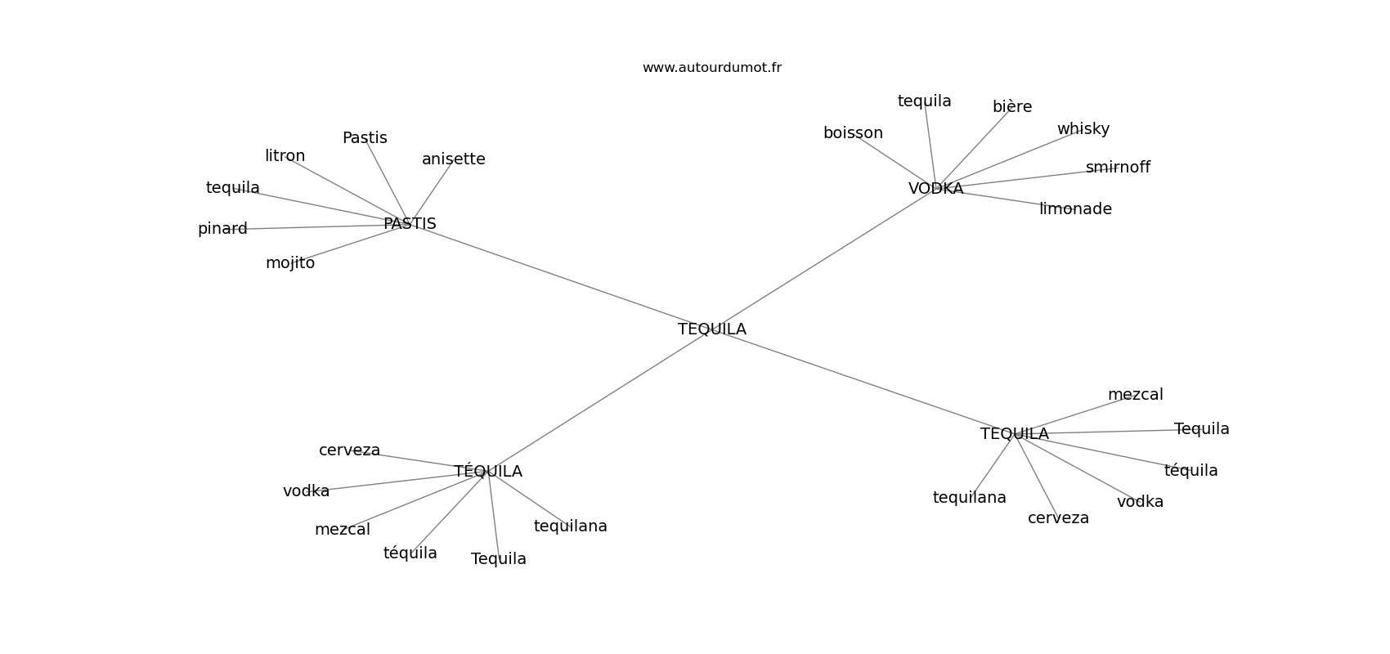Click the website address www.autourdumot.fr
point(711,68)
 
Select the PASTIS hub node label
point(410,224)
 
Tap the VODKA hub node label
point(935,189)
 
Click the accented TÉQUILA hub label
point(488,472)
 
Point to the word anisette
point(453,159)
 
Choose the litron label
point(285,156)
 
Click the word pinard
point(222,229)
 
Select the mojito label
point(290,263)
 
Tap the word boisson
point(853,133)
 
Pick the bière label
point(1012,107)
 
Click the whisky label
point(1083,129)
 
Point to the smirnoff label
point(1118,168)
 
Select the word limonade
point(1075,209)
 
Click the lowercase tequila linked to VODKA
point(924,101)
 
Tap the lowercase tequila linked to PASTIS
point(233,188)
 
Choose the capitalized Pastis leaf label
point(365,138)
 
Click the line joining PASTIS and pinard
point(319,226)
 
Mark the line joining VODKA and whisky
point(1014,157)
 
